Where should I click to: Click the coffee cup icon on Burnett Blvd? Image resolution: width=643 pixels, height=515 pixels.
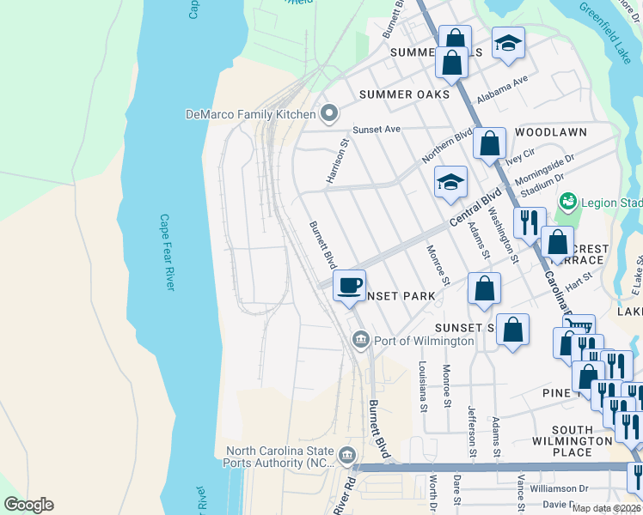pos(349,285)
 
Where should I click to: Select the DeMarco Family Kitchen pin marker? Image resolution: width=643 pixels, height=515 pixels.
pos(328,113)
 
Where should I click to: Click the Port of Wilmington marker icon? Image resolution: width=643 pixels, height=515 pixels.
pos(360,341)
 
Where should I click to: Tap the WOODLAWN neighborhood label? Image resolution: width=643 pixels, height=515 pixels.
pos(551,132)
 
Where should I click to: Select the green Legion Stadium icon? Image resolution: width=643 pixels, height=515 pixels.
pos(566,203)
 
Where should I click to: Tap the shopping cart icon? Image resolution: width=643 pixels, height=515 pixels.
pos(579,327)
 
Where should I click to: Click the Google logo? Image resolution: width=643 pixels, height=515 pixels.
pos(28,505)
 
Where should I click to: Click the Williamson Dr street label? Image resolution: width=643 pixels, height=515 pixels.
pos(558,488)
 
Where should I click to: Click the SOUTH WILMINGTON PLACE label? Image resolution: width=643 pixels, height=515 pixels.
pos(573,441)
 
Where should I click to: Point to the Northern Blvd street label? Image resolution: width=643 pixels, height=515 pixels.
pos(447,147)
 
